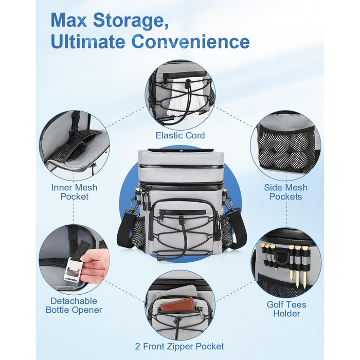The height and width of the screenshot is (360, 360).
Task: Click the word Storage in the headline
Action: [x=131, y=21]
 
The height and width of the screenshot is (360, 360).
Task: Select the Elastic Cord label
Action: [x=180, y=135]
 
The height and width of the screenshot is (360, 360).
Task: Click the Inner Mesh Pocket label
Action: [x=74, y=192]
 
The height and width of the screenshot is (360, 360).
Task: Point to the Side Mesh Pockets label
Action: [x=285, y=192]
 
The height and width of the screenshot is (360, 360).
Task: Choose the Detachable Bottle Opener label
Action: [x=74, y=305]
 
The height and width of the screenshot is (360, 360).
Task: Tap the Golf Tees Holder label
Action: [x=286, y=309]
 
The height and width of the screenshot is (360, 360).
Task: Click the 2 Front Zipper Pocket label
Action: [x=179, y=346]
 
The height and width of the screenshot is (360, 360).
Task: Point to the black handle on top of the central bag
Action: [x=181, y=150]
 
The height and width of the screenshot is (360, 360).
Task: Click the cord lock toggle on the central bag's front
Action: [x=181, y=221]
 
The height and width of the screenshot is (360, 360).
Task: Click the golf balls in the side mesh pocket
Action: [x=286, y=150]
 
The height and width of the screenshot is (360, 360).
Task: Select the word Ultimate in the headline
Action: [x=88, y=42]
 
